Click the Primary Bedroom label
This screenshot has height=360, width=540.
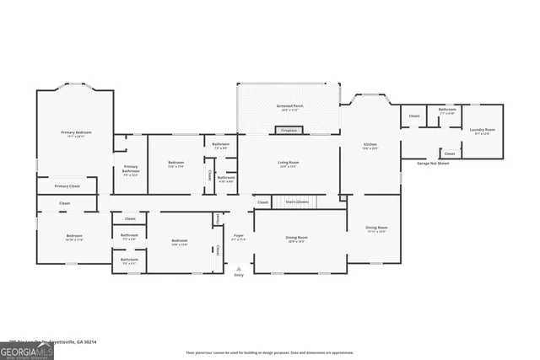tap(75, 132)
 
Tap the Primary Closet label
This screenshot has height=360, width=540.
tap(67, 185)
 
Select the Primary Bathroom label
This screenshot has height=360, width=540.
tap(131, 169)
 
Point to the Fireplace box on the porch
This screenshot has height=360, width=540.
tap(289, 131)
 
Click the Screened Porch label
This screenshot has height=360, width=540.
tap(289, 106)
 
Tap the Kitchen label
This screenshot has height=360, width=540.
tap(370, 145)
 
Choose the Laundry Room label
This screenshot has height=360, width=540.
tap(482, 130)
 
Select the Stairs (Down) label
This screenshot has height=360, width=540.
tap(297, 202)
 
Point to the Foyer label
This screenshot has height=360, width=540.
tap(239, 236)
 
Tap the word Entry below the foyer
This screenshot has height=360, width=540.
tap(239, 275)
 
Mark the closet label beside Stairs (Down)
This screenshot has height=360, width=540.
tap(262, 202)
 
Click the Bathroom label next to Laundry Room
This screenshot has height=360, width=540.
tap(447, 110)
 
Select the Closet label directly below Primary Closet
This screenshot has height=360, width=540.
tap(65, 203)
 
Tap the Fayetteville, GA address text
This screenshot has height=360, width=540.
tap(52, 341)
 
